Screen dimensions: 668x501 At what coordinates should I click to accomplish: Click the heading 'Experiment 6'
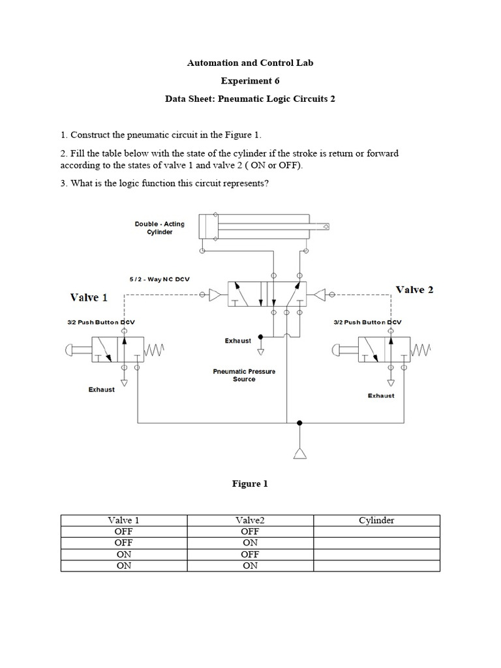tap(250, 82)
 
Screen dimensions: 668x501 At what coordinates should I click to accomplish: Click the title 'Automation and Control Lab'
tap(250, 63)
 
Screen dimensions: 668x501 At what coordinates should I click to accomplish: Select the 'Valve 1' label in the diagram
tap(89, 297)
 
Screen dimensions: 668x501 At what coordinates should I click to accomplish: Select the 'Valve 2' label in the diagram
tap(415, 290)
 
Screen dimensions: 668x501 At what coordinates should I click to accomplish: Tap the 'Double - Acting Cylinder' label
tap(159, 228)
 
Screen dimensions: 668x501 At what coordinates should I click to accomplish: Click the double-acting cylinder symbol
tap(265, 227)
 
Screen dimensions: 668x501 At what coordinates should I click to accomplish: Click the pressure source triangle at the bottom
tap(299, 454)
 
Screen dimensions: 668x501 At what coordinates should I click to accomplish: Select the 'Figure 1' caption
tap(250, 484)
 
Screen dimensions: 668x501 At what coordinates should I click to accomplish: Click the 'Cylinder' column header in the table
tap(376, 521)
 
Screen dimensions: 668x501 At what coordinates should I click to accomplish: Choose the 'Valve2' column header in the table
tap(250, 521)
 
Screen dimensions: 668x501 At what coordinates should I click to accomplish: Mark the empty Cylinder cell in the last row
tap(376, 566)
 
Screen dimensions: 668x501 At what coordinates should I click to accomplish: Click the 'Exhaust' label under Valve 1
tap(102, 389)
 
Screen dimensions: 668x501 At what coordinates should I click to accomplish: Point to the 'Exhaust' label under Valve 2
tap(381, 395)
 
